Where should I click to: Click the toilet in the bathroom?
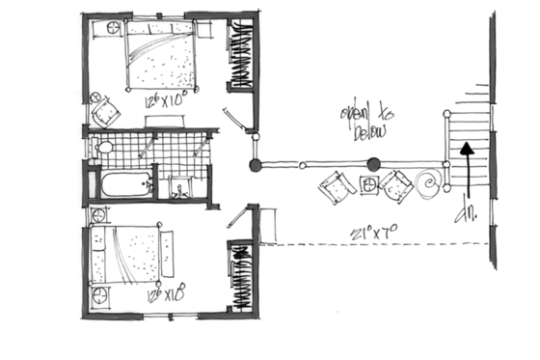103,148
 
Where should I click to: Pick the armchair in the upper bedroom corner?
103,114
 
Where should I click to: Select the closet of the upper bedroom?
239,58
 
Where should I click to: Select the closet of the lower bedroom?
239,275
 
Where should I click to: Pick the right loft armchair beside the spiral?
396,185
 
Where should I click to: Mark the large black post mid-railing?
373,163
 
